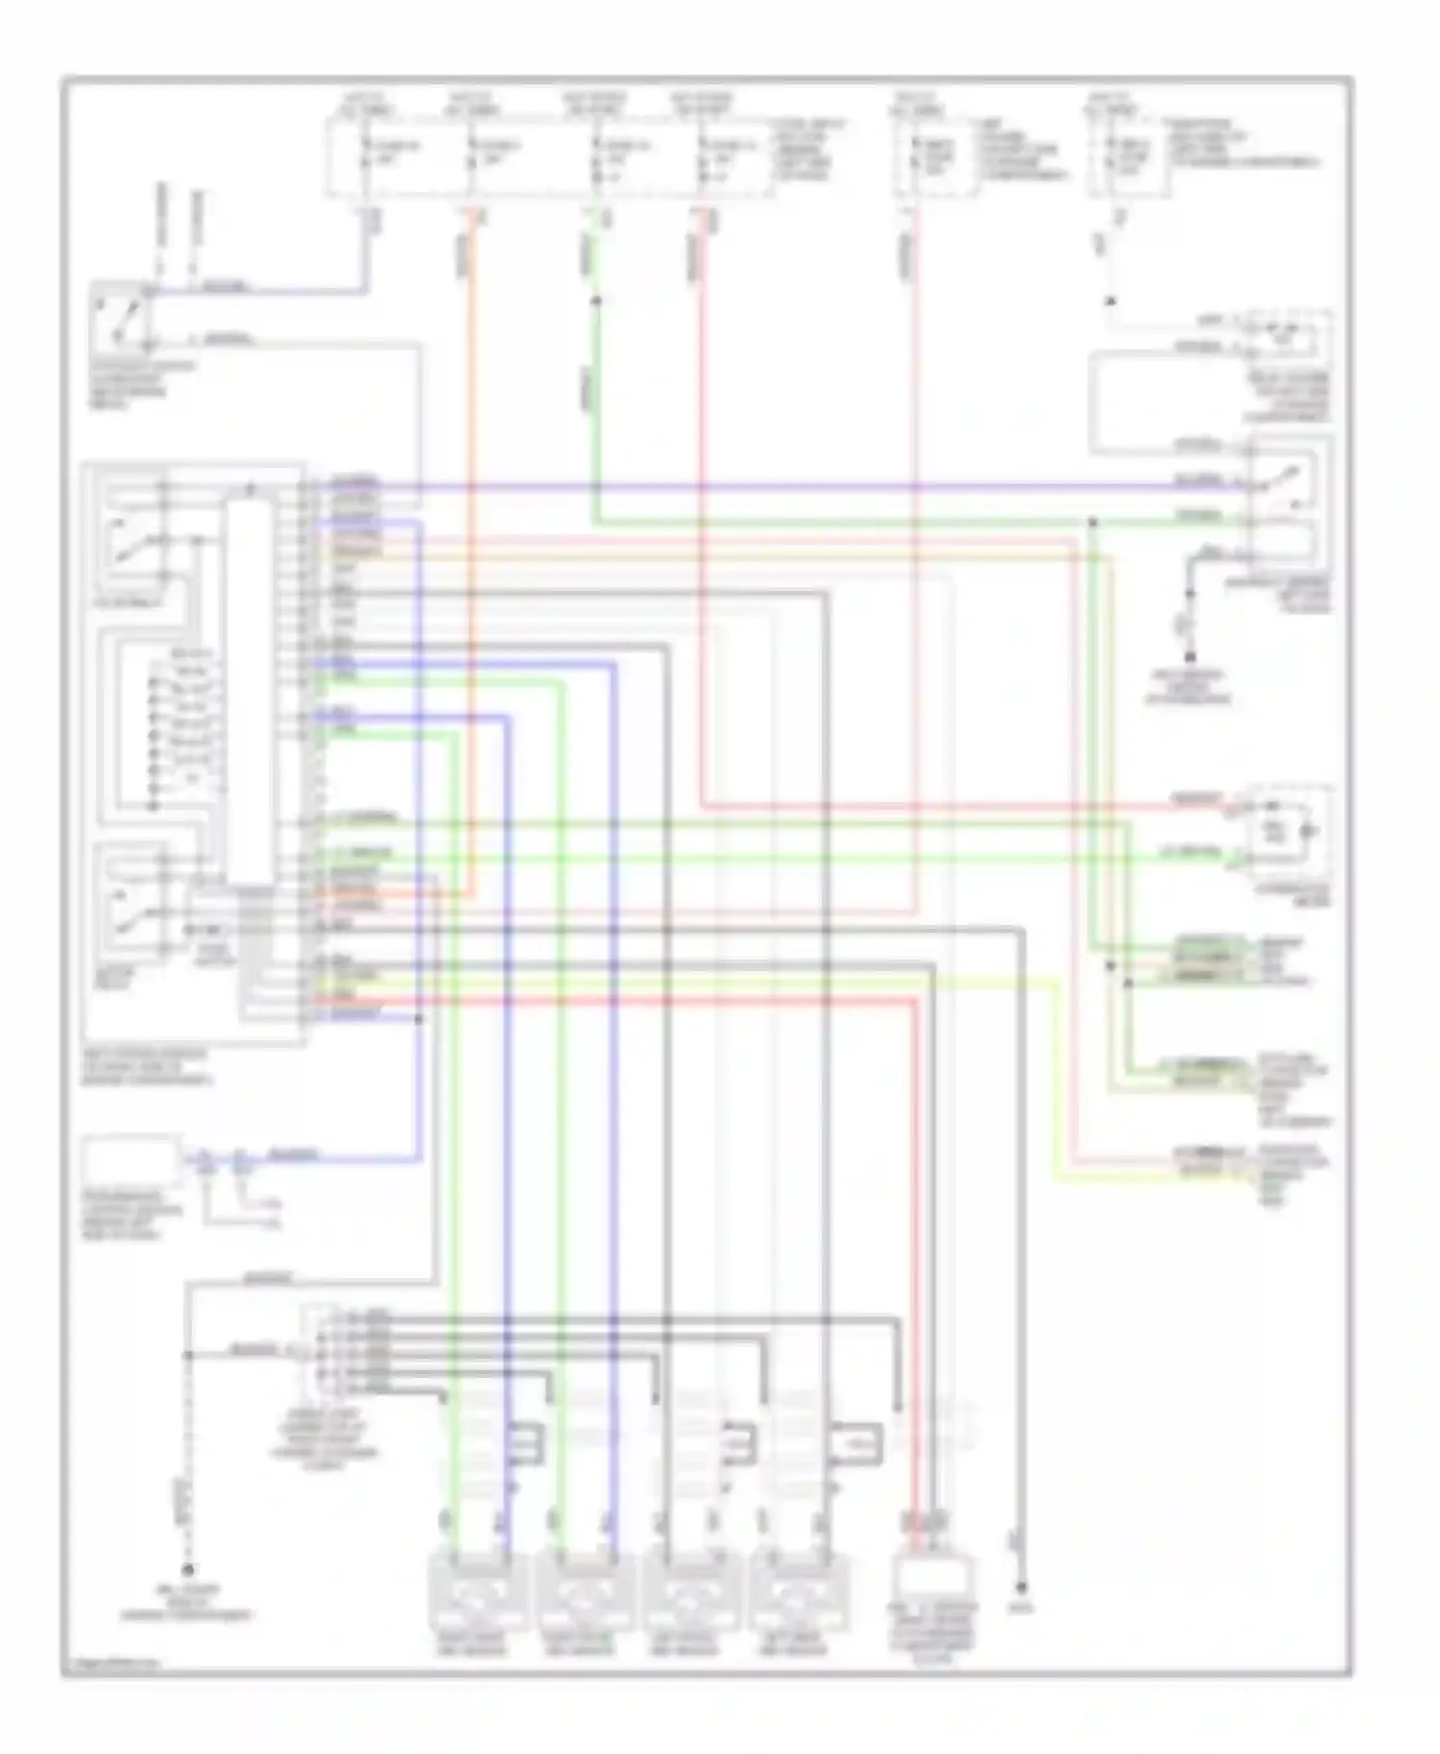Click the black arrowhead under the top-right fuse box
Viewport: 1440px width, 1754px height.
(x=1111, y=300)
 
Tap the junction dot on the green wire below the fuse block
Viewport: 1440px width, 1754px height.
(x=595, y=300)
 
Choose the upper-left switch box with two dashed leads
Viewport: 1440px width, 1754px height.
(x=120, y=316)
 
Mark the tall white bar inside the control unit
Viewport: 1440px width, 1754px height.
(x=249, y=691)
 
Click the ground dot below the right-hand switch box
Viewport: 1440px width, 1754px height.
(x=1190, y=657)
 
